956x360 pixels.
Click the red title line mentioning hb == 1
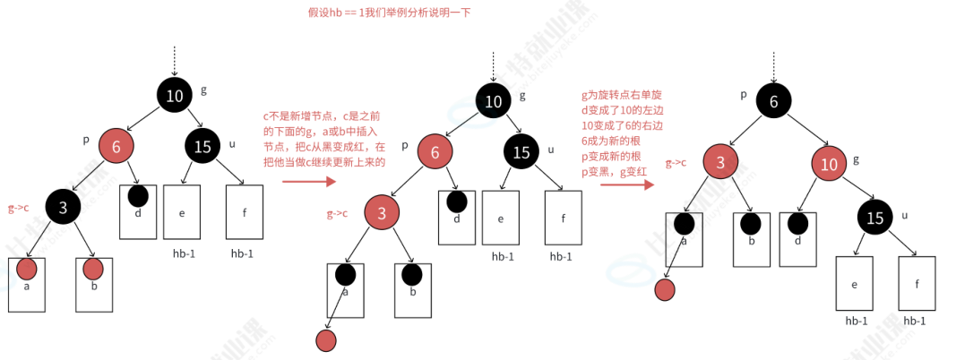388,13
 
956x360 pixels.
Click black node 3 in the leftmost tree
64,208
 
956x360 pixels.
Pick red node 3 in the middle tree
382,214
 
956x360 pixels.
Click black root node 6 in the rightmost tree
773,101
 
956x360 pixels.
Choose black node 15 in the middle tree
521,152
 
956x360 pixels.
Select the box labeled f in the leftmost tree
245,212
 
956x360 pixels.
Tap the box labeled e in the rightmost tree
855,284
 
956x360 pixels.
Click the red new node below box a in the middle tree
326,340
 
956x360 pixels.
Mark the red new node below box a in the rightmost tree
664,290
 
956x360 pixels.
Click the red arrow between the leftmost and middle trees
308,182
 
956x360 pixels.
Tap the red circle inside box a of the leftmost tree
26,268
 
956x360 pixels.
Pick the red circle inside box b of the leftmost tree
92,268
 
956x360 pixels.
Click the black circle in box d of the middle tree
457,203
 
